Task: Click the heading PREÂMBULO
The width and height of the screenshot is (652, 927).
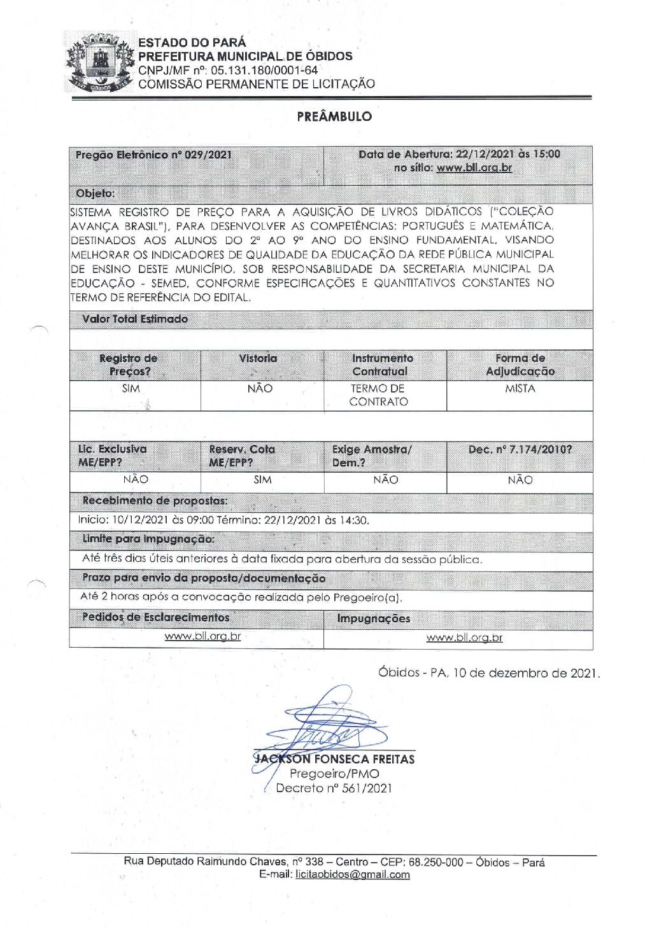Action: [334, 116]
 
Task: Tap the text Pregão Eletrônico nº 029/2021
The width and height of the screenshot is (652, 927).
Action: [153, 155]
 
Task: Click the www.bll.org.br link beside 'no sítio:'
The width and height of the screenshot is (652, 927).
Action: [474, 168]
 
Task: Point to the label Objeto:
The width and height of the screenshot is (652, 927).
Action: [96, 193]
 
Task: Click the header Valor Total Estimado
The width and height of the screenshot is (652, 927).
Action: [135, 319]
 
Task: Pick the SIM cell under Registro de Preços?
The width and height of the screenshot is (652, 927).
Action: [131, 388]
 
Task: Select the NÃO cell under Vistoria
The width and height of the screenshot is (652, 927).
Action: [260, 388]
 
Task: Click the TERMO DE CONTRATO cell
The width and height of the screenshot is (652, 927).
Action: [378, 395]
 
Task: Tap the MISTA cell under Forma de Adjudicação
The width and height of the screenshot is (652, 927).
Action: [520, 388]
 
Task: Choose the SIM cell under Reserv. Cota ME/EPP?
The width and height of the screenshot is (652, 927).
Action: [262, 480]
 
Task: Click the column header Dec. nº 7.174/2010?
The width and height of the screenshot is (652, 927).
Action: [520, 449]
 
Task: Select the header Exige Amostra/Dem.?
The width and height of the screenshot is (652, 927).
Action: [372, 456]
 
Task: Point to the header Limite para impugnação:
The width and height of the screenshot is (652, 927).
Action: [148, 539]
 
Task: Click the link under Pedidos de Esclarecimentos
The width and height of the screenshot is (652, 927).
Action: [202, 636]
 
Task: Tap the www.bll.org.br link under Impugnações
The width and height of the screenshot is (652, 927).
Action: [464, 638]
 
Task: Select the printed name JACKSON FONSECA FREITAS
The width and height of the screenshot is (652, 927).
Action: [334, 759]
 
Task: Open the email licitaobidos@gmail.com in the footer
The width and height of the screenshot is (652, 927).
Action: [353, 875]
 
